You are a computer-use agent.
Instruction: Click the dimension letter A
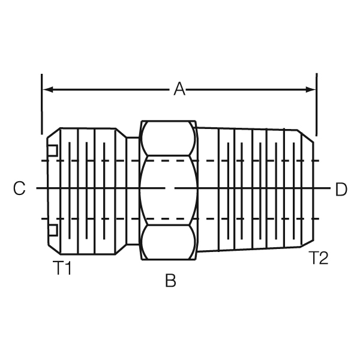[x=179, y=90]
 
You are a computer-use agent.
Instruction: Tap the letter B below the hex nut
[x=171, y=281]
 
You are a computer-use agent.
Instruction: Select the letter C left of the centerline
[x=19, y=190]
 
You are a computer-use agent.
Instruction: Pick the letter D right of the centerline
[x=341, y=190]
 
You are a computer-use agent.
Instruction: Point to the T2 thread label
[x=319, y=259]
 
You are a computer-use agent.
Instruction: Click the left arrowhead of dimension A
[x=48, y=90]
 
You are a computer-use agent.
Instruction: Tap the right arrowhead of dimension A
[x=311, y=90]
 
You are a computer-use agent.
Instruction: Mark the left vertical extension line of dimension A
[x=41, y=105]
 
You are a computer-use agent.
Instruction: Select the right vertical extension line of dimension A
[x=316, y=105]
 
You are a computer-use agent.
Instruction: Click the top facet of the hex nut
[x=169, y=140]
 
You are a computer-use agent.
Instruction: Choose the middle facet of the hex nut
[x=169, y=190]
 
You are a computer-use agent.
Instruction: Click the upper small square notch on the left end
[x=53, y=150]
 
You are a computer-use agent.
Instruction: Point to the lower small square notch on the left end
[x=53, y=230]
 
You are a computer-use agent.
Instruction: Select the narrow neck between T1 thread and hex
[x=132, y=190]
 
